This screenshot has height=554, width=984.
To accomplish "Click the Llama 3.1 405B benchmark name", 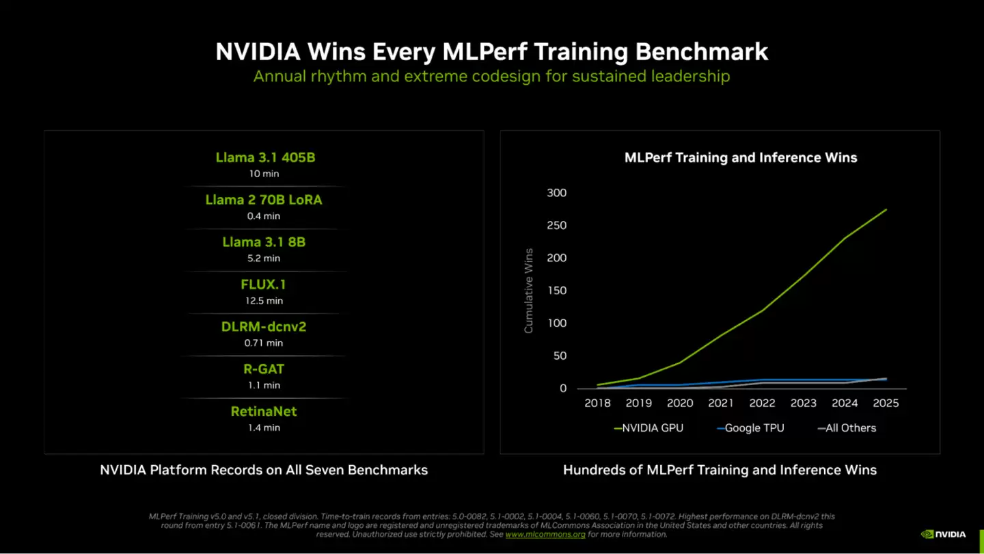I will (x=265, y=157).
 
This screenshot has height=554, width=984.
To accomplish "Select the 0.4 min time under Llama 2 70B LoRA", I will (x=264, y=216).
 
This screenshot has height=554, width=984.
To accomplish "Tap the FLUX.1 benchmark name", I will (x=264, y=285).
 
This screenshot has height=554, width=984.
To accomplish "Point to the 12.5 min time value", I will (x=264, y=301).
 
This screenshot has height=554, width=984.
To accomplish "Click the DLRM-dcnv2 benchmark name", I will (x=264, y=327).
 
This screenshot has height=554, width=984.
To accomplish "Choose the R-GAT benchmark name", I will (x=264, y=369).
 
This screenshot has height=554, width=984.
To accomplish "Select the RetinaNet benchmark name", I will (x=264, y=412).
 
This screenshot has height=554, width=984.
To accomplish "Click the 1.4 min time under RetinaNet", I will (x=264, y=428).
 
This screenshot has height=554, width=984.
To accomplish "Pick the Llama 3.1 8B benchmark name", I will (x=264, y=242).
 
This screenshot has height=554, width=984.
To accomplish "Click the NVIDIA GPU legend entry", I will (x=648, y=428).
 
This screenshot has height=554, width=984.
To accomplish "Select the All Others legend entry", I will (x=847, y=428).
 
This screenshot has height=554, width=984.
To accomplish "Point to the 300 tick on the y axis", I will (x=557, y=193).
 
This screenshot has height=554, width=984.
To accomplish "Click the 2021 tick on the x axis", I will (x=721, y=404).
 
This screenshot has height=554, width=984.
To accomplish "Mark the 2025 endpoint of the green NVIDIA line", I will (x=886, y=209).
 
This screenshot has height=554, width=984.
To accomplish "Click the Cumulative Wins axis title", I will (x=528, y=291).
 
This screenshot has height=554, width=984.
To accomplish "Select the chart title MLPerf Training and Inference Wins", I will (x=741, y=158).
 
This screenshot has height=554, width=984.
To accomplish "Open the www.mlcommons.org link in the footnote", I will (x=545, y=534).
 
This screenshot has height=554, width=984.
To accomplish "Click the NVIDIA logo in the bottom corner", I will (x=944, y=534).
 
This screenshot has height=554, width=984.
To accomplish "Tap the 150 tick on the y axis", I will (x=557, y=291).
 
